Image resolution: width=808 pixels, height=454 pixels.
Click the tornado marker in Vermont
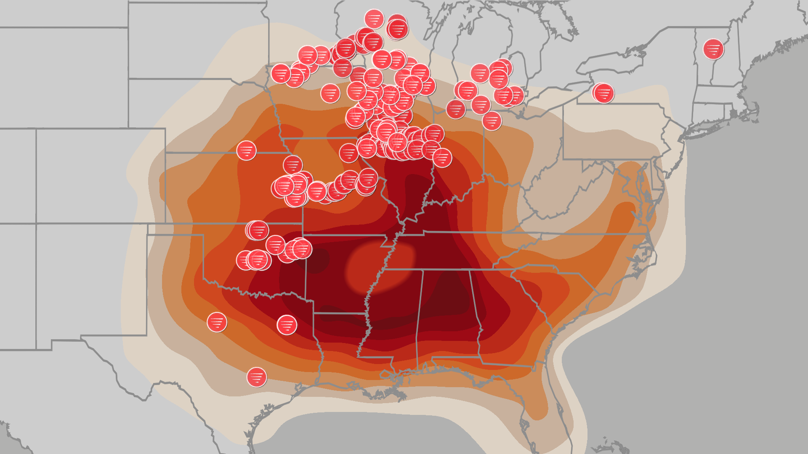[713, 49]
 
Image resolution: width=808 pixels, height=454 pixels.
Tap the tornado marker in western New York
[603, 93]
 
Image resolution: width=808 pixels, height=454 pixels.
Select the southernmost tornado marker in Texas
[256, 377]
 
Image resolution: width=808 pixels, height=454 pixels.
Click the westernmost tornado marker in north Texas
[217, 322]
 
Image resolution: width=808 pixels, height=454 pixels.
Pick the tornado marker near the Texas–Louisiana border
[287, 325]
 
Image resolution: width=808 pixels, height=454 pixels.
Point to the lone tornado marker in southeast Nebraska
[246, 150]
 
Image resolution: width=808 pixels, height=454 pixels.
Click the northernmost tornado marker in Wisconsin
[374, 18]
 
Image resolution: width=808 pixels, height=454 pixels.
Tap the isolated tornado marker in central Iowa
[330, 93]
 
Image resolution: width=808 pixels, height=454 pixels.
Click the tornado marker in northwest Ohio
[492, 121]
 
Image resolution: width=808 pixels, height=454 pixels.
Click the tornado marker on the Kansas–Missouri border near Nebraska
[292, 165]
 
